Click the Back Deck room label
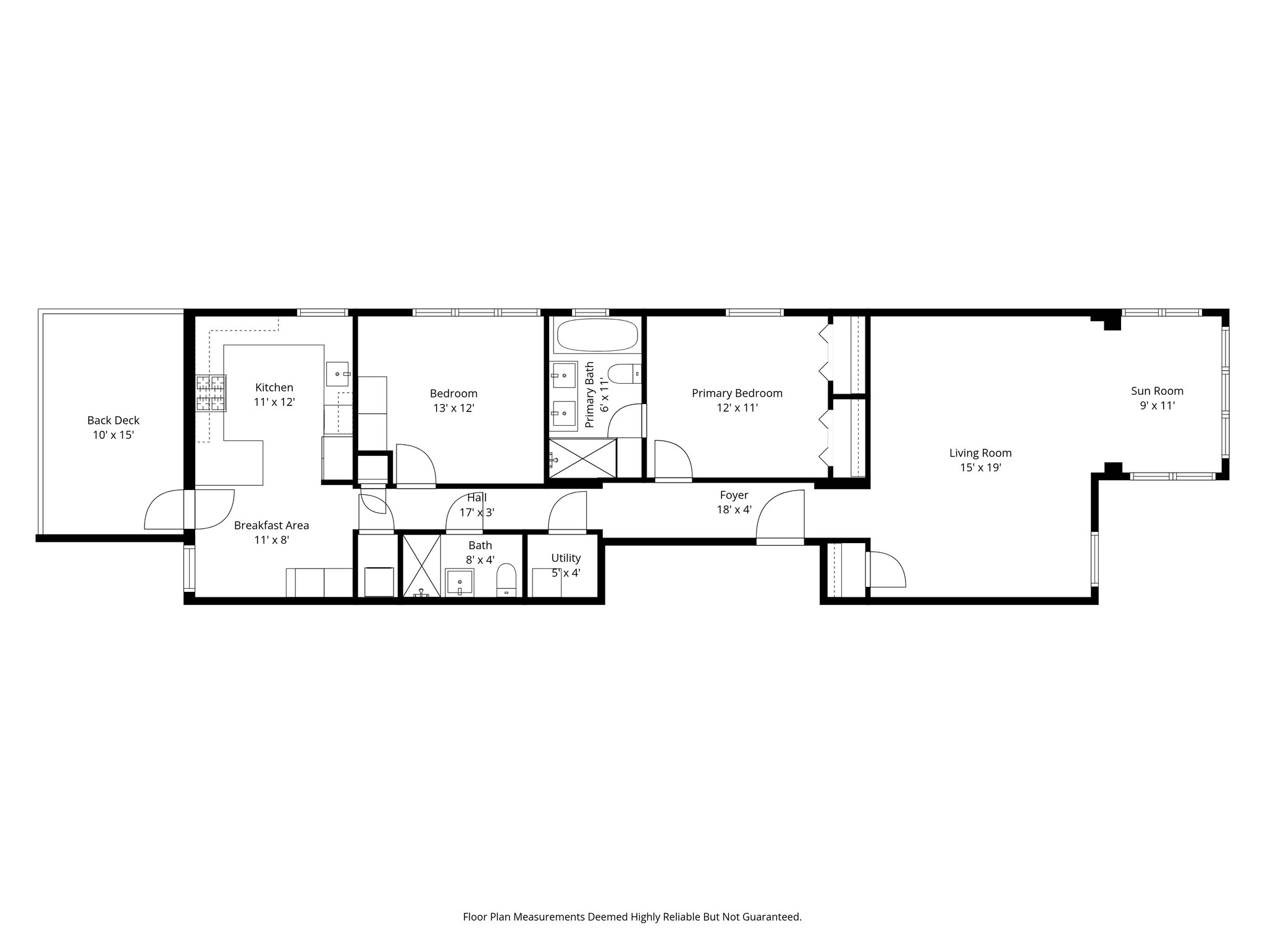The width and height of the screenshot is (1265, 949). [114, 421]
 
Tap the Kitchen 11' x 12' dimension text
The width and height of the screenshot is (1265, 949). [274, 402]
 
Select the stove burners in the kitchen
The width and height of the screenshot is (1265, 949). [211, 394]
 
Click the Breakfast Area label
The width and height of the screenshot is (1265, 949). [272, 526]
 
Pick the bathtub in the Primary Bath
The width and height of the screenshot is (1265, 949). [597, 335]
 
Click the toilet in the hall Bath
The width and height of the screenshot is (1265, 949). [506, 580]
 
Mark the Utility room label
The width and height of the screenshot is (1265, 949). [566, 559]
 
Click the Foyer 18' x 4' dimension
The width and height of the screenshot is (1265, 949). [734, 510]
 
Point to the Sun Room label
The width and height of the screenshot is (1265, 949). [1158, 391]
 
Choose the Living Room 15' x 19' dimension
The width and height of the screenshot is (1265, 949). [980, 468]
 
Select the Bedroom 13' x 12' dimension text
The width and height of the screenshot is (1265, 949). [453, 408]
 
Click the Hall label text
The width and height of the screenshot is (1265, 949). [477, 497]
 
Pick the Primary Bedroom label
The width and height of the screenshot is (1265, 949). [737, 394]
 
